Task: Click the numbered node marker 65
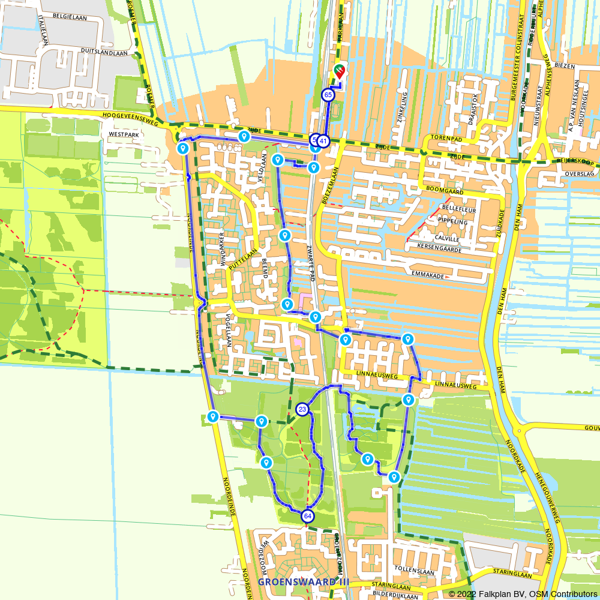pos(328,95)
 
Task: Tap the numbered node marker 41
pos(323,142)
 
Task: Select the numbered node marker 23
pos(302,410)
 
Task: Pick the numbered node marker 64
pos(308,516)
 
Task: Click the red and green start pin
pos(340,72)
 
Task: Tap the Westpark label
pos(124,135)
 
